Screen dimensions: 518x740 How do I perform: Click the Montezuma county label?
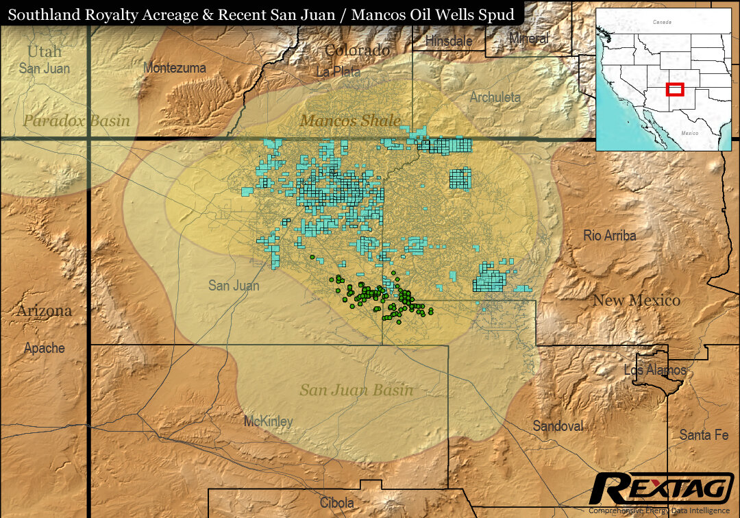[x=174, y=68]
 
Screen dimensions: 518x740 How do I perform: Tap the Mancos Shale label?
[x=350, y=121]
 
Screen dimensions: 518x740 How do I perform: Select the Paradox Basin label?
[x=76, y=121]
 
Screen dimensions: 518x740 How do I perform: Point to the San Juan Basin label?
[x=356, y=390]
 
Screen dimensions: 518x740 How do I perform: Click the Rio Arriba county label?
[x=609, y=235]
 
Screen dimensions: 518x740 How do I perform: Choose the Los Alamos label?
[x=654, y=370]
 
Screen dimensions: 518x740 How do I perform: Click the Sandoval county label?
[x=558, y=425]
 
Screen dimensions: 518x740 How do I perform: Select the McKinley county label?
[x=268, y=421]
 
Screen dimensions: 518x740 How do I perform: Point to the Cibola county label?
[x=337, y=503]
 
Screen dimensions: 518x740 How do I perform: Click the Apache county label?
[x=45, y=347]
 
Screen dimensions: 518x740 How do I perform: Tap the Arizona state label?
[x=44, y=310]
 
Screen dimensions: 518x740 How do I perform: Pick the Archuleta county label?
[x=495, y=97]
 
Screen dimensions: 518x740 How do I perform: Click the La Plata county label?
[x=338, y=71]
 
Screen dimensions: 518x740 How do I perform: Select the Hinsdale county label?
[x=448, y=41]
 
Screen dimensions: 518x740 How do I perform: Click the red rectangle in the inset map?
[x=675, y=88]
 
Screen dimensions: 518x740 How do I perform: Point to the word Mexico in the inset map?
[x=689, y=133]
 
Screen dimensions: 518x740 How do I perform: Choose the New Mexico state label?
[x=636, y=300]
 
